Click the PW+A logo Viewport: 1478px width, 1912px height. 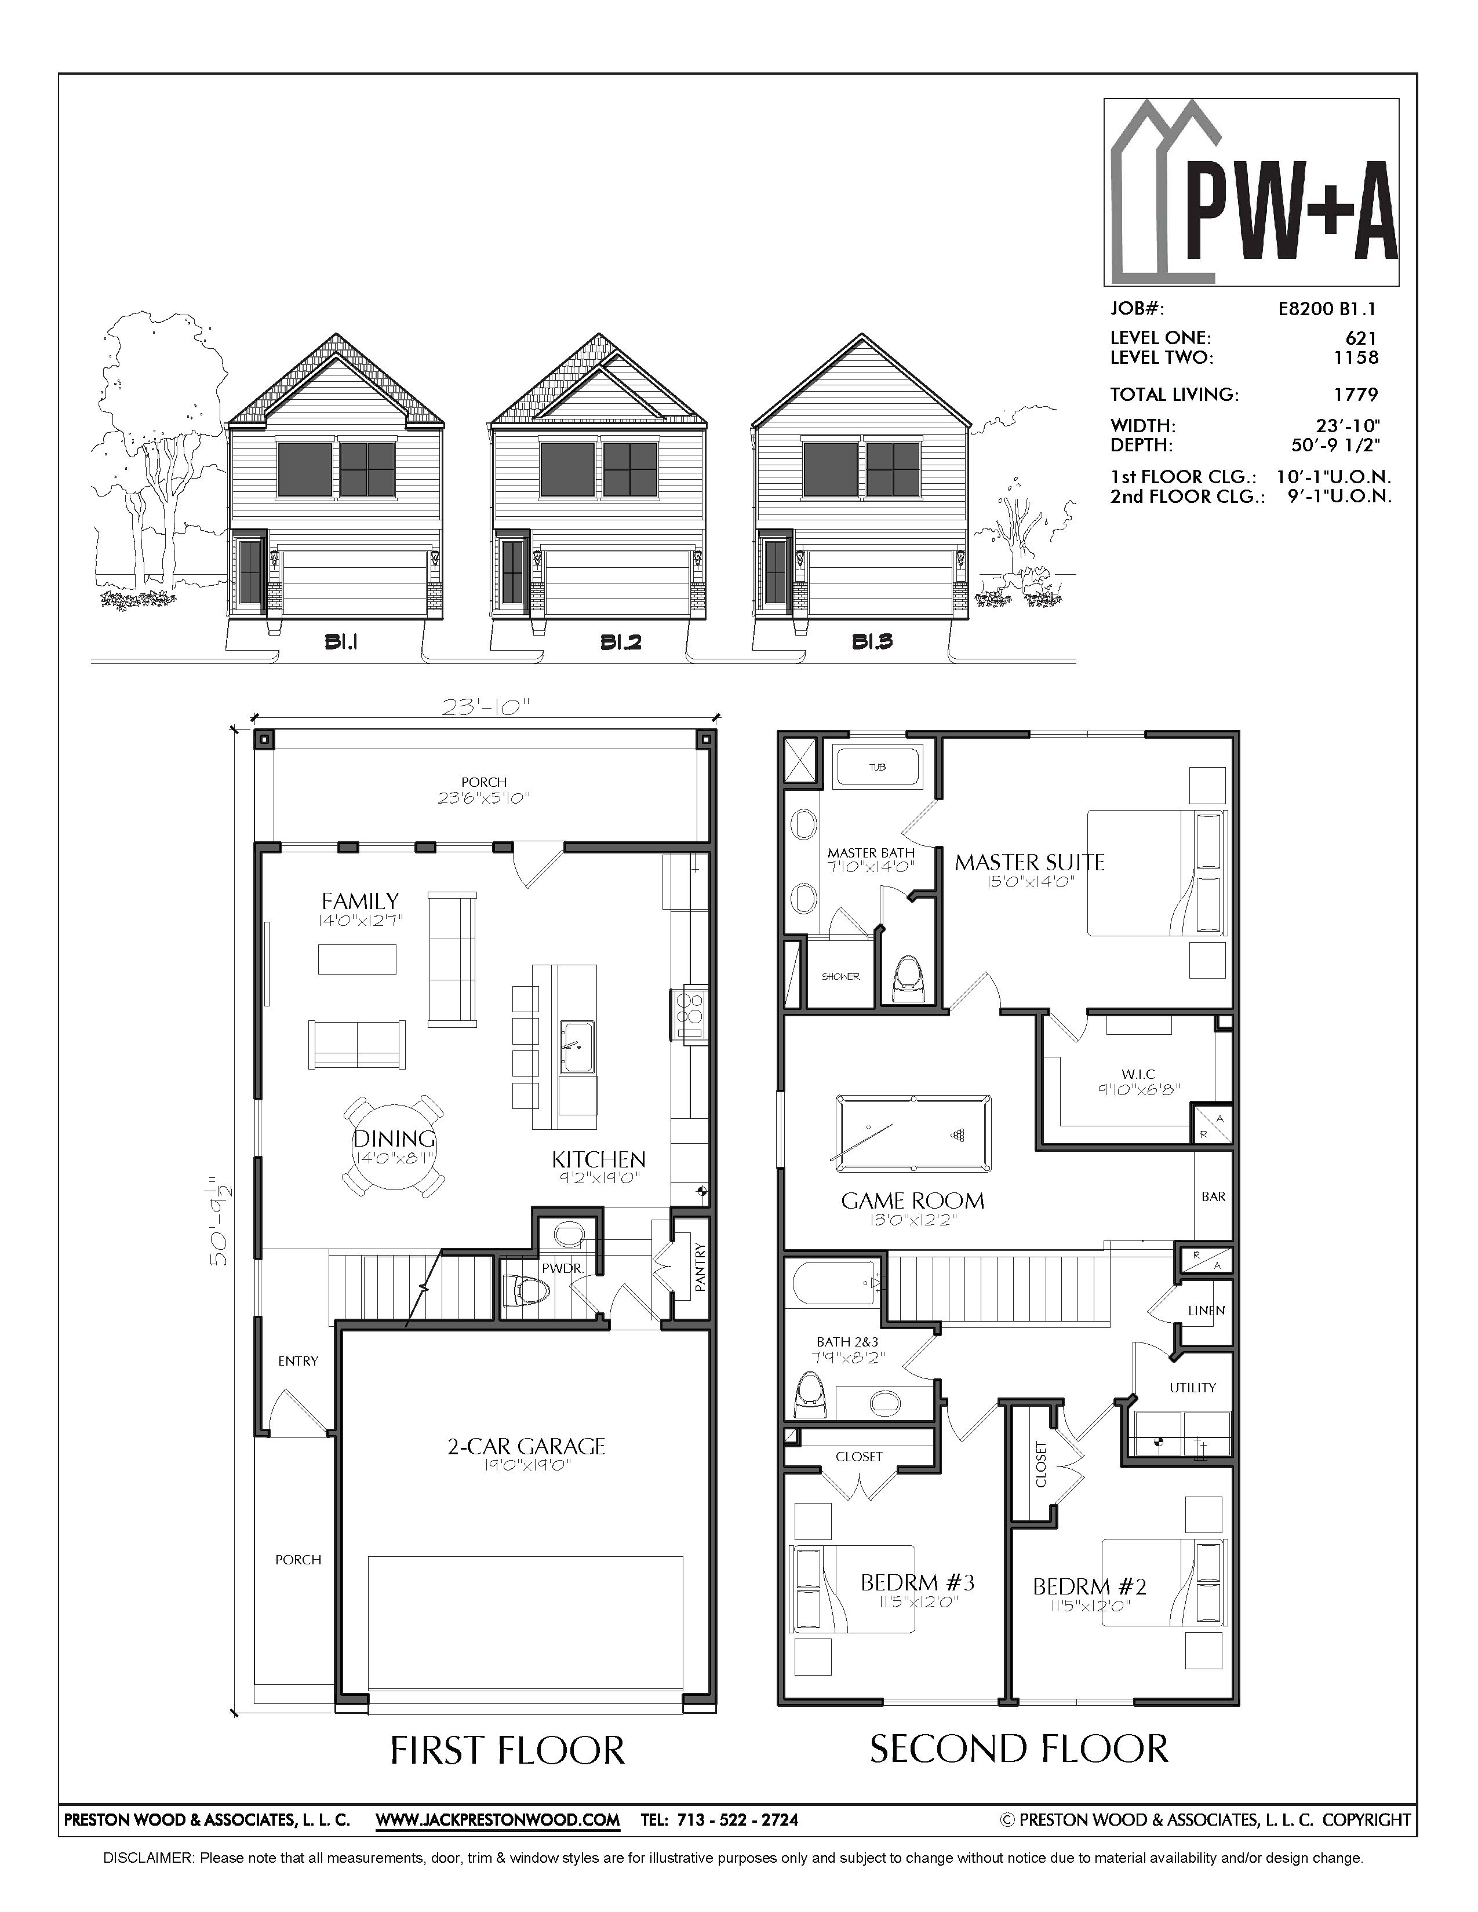coord(1250,192)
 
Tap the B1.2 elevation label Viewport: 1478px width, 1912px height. coord(621,643)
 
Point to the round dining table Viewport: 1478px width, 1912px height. coord(394,1147)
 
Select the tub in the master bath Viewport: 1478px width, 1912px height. coord(878,767)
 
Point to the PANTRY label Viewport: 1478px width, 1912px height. coord(700,1267)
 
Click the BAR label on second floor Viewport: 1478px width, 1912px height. coord(1214,1197)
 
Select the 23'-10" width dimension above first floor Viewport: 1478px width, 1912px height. coord(486,706)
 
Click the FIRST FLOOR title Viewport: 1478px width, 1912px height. coord(507,1750)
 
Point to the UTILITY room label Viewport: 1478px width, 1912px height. coord(1193,1388)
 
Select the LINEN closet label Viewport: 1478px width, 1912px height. coord(1207,1311)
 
